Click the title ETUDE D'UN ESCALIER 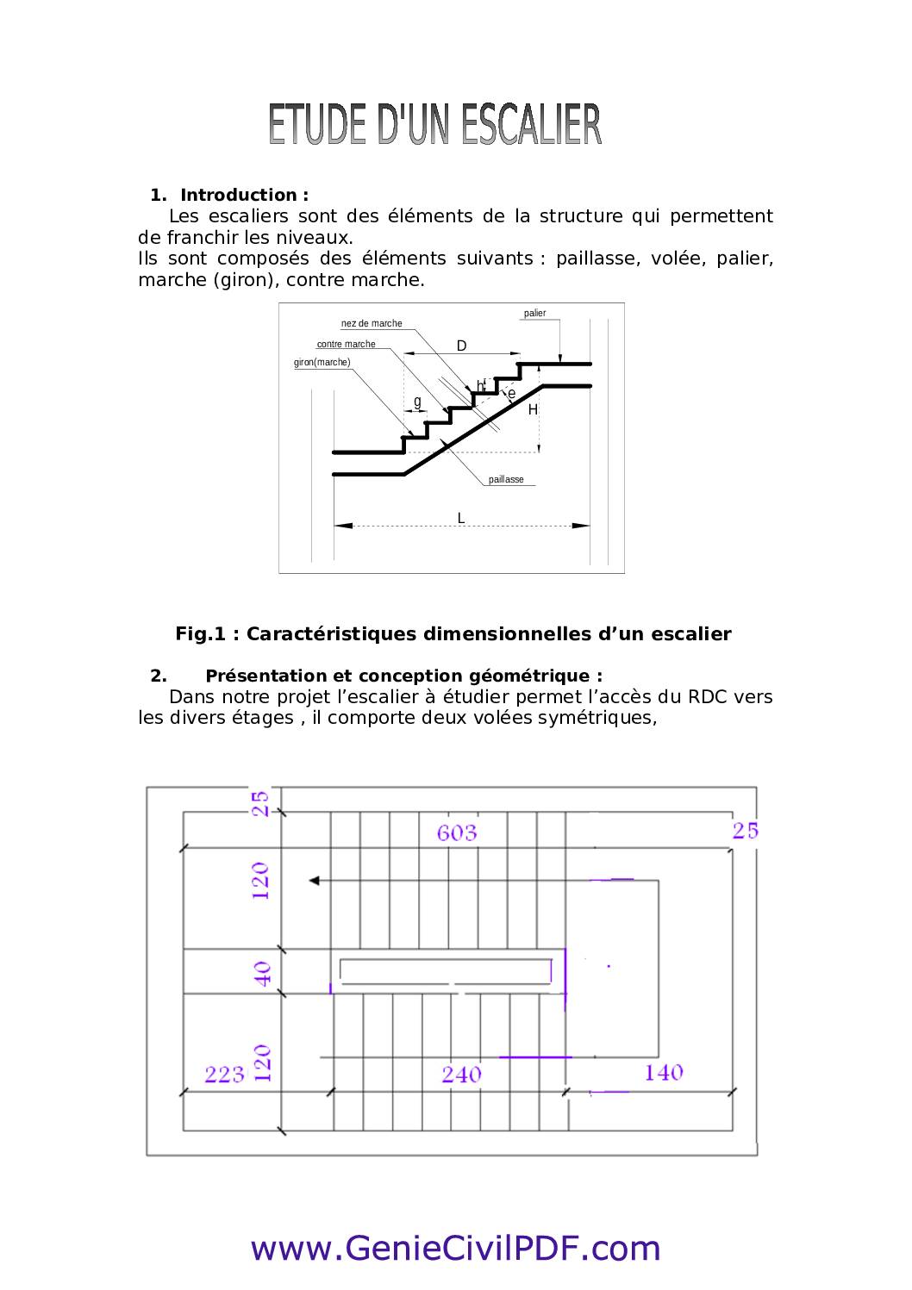(x=434, y=125)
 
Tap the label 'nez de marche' (x=372, y=324)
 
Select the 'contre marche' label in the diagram (x=346, y=345)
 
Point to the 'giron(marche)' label (x=322, y=363)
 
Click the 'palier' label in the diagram (x=534, y=314)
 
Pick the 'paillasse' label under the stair (x=506, y=480)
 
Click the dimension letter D (x=461, y=346)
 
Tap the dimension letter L (x=461, y=518)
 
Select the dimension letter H (x=533, y=410)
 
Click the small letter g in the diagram (x=417, y=402)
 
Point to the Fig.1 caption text (x=453, y=634)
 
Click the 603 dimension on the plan (x=456, y=832)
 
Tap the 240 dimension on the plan (x=461, y=1075)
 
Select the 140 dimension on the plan (x=663, y=1073)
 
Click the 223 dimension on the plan (x=224, y=1075)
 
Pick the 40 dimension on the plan (x=262, y=974)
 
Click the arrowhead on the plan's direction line (x=315, y=880)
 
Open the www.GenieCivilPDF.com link (x=455, y=1248)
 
